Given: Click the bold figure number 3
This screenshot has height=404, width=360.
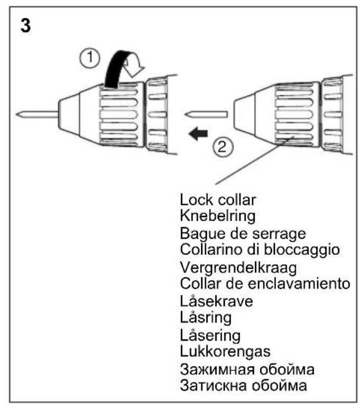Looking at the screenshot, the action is click(25, 25).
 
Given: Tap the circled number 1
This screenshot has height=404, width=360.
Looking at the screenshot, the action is click(90, 58).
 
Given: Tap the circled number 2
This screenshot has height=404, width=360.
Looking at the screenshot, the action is click(223, 148).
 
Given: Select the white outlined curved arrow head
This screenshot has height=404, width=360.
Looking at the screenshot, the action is click(133, 67).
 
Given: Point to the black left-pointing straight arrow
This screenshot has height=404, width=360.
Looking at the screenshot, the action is click(198, 134).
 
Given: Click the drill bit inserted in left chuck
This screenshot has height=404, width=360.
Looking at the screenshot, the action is click(37, 114).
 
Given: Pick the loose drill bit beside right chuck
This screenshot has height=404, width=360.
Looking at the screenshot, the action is click(206, 114).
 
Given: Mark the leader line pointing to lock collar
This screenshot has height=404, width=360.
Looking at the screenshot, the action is click(255, 160).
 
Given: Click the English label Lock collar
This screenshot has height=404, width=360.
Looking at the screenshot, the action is click(218, 200).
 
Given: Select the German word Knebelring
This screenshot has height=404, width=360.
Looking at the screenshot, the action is click(218, 216).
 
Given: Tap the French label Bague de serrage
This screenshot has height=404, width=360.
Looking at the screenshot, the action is click(243, 234).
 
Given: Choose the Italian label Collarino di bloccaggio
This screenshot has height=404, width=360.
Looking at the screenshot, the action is click(260, 249).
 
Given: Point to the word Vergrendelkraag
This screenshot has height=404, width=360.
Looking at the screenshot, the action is click(238, 268).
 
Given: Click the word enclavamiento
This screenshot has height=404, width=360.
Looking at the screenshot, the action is click(299, 283).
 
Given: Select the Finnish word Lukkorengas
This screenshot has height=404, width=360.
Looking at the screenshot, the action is click(225, 351).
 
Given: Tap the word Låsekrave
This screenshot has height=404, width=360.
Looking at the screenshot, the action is click(216, 301).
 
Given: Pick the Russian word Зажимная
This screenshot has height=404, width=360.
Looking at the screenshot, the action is click(218, 369).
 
